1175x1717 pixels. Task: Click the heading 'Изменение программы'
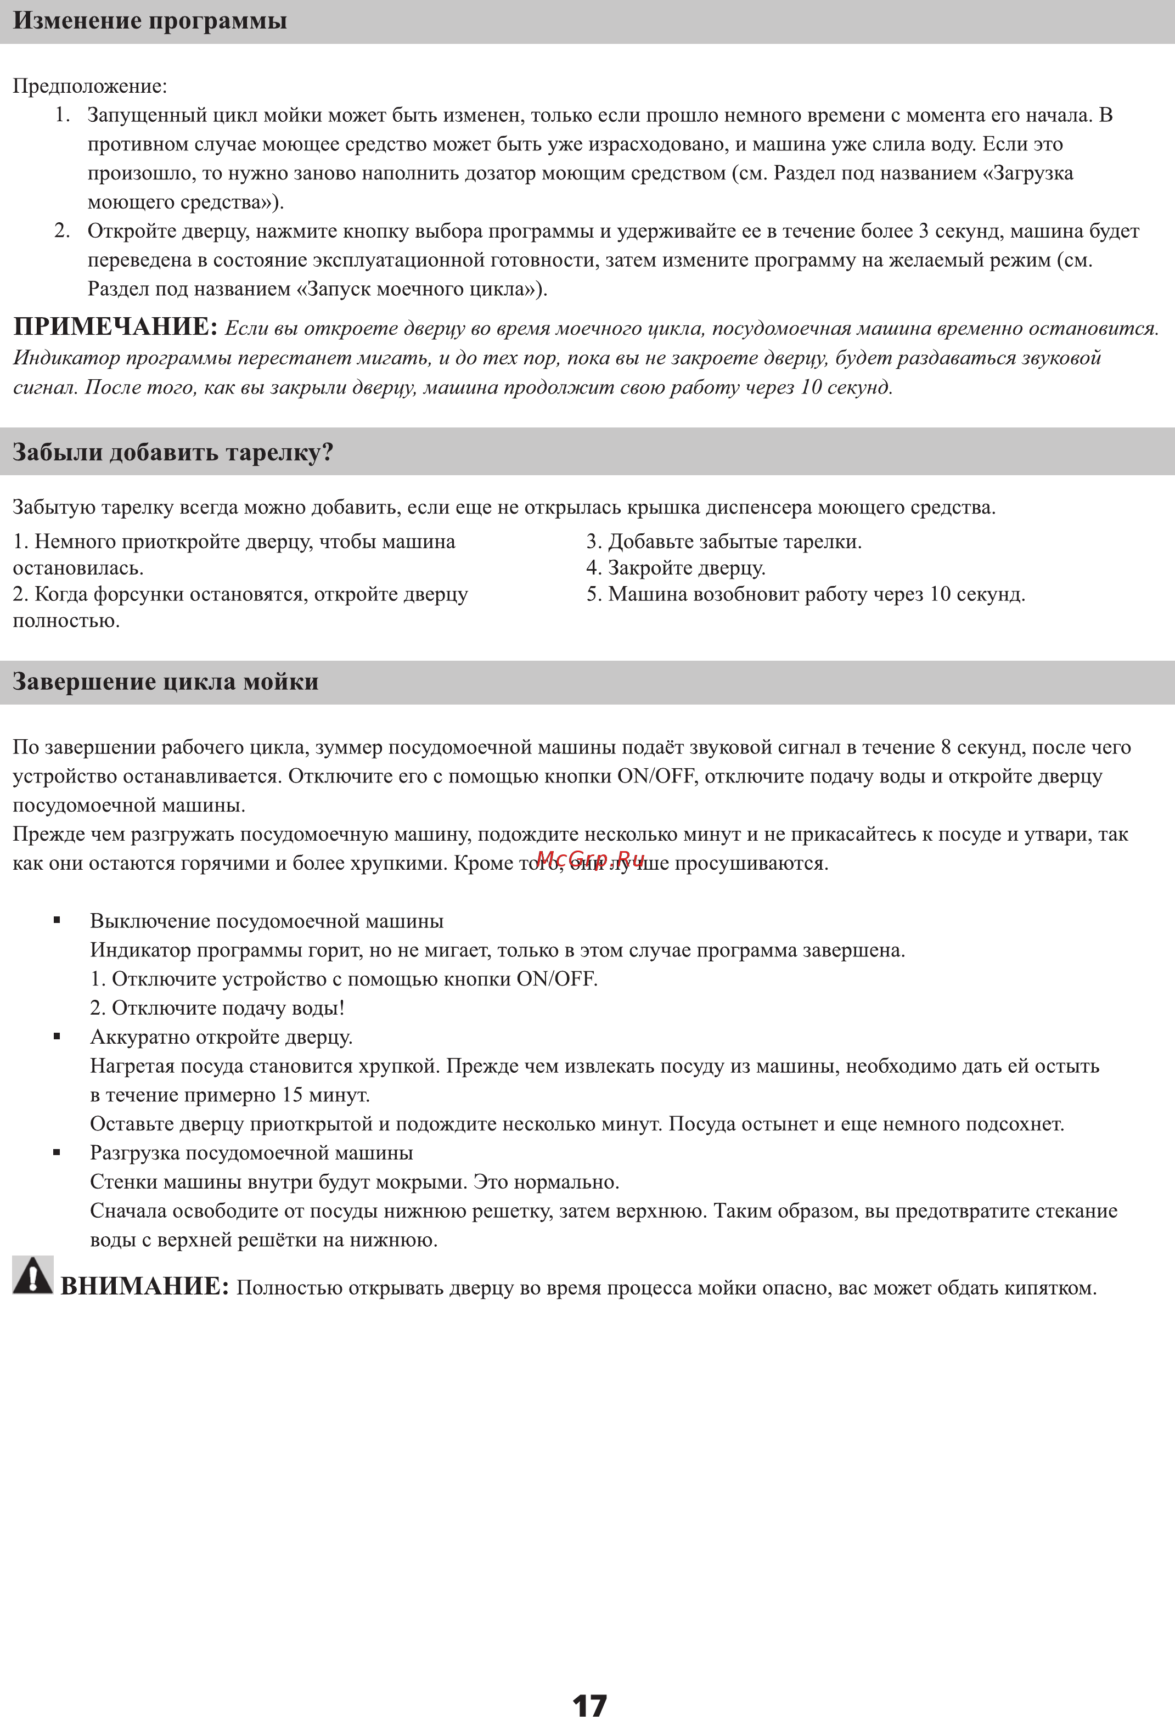(150, 21)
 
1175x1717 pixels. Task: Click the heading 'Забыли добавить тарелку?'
(173, 452)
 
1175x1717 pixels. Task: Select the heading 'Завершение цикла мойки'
(166, 681)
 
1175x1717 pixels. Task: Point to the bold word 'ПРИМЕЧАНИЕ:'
(115, 326)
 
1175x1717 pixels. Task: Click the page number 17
(590, 1704)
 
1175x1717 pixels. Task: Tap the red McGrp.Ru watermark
(591, 858)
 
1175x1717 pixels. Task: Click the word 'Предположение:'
(90, 87)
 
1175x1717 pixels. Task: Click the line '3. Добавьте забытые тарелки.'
(724, 542)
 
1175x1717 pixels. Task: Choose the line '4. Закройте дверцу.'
(676, 568)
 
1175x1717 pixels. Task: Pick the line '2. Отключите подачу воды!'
(217, 1007)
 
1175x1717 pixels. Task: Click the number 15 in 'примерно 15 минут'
(291, 1095)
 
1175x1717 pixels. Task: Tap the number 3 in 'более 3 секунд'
(923, 231)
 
